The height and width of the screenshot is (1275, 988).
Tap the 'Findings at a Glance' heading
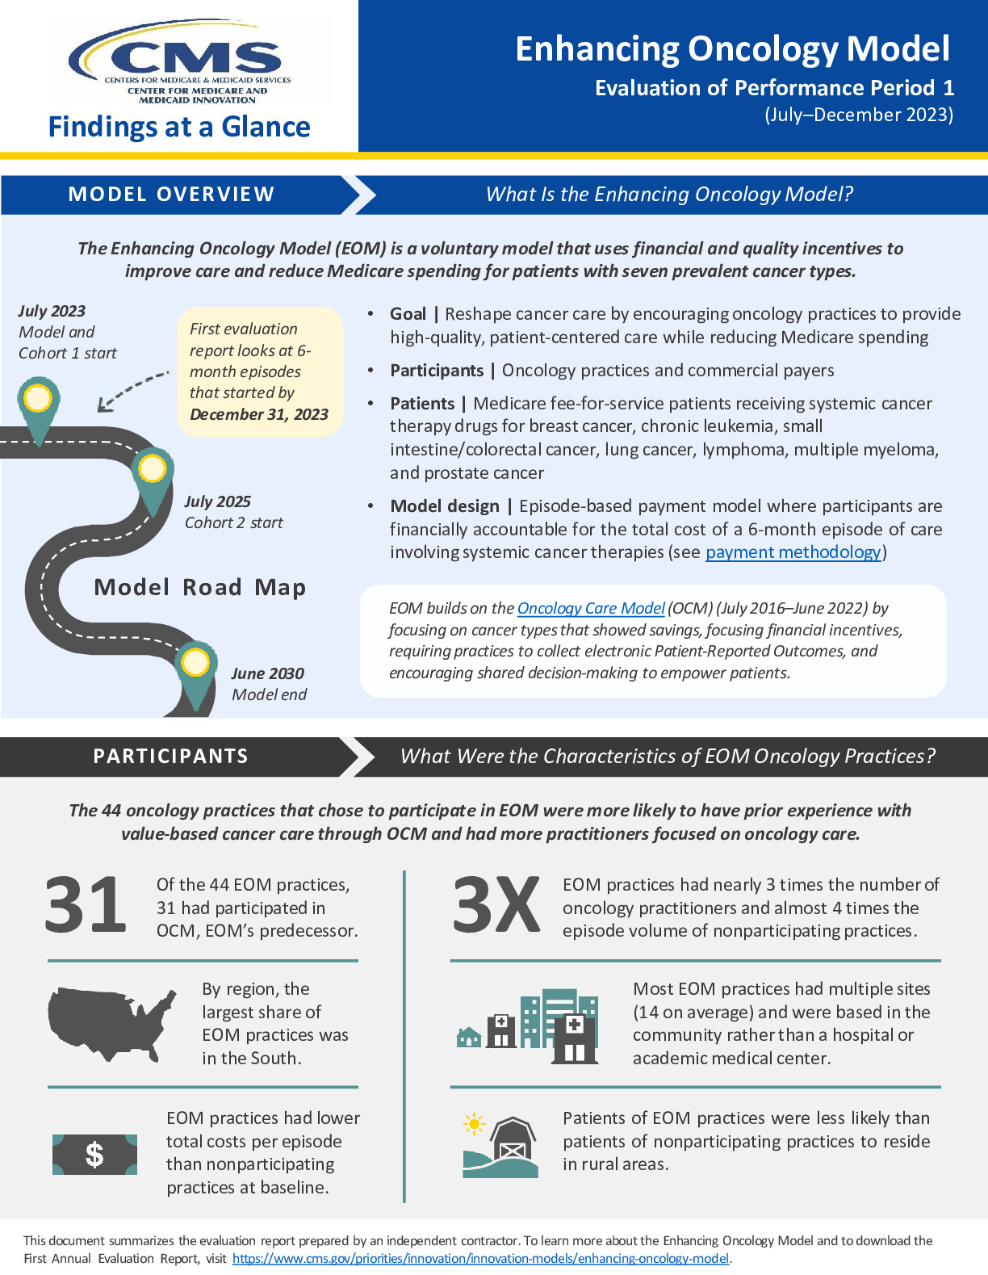coord(179,127)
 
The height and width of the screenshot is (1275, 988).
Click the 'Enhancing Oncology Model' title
coord(732,49)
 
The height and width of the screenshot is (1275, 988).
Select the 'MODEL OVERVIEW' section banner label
coord(171,195)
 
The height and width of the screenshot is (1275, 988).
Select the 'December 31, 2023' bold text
coord(259,414)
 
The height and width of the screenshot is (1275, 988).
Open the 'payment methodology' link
coord(793,552)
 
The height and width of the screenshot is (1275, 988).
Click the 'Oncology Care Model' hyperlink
coord(591,608)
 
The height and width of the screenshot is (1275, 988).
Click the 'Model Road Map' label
coord(200,587)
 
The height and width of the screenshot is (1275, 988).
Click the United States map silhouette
coord(111,1022)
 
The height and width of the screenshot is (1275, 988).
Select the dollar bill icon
coord(94,1155)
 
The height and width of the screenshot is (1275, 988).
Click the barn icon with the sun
coord(500,1147)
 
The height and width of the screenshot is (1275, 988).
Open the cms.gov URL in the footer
coord(480,1258)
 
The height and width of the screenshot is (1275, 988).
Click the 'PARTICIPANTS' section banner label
coord(170,757)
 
